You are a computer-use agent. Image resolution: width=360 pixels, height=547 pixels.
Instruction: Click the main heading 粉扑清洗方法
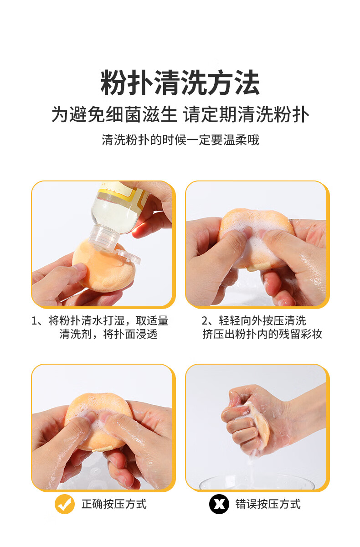(180, 83)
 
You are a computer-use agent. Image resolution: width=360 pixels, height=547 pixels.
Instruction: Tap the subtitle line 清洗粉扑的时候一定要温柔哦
(180, 140)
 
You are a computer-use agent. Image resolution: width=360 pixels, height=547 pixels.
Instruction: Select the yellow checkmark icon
(64, 504)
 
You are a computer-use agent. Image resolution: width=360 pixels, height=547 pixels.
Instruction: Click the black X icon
(219, 504)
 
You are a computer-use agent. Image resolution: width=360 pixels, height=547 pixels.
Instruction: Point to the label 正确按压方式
(114, 504)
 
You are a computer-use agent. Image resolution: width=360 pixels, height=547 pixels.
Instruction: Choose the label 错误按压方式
(268, 504)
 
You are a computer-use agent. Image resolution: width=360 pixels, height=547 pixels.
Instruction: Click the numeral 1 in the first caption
(34, 321)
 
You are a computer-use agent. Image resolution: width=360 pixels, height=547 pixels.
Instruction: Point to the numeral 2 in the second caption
(205, 321)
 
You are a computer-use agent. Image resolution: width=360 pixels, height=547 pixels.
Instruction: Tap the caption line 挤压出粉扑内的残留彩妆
(262, 334)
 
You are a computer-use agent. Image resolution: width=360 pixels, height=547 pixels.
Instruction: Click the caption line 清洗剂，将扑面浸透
(108, 334)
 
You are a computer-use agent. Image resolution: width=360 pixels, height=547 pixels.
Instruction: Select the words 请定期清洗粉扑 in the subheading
(246, 114)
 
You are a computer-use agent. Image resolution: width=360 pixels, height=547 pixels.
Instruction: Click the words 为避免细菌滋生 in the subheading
(114, 114)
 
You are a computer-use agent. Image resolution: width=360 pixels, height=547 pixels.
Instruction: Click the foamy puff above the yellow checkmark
(99, 423)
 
